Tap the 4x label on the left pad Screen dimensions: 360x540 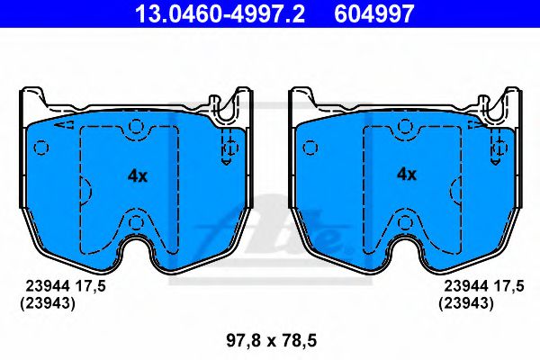[x=137, y=175]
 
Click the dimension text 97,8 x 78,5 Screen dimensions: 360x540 [x=271, y=340]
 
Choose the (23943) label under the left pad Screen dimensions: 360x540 [x=48, y=304]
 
